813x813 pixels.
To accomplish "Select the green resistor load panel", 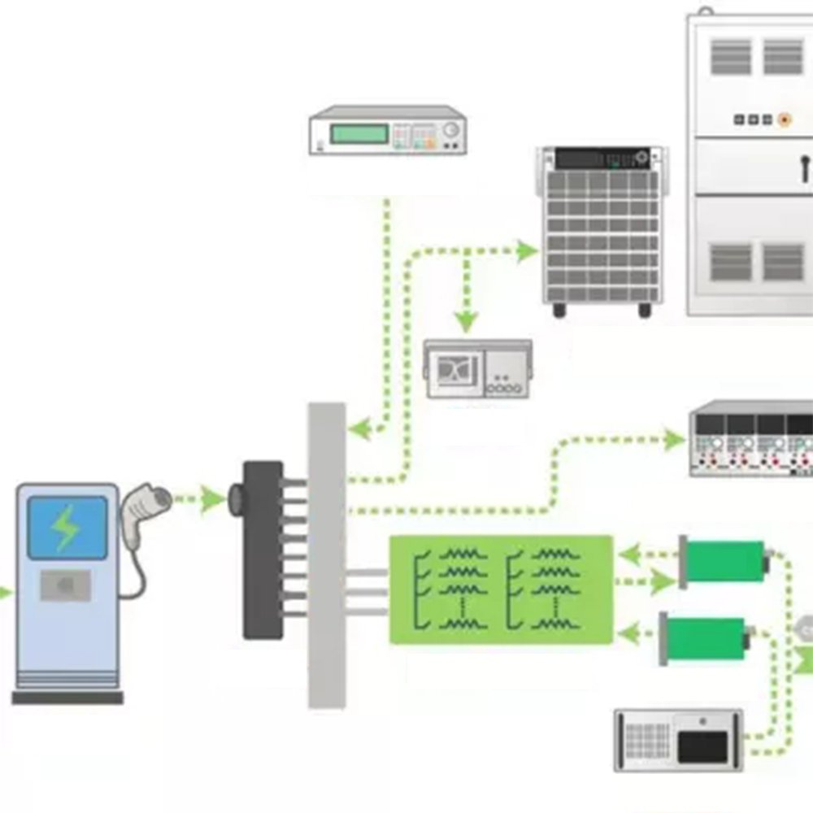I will (501, 589).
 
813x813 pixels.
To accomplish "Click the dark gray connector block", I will (263, 550).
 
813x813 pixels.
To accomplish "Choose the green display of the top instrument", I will (359, 133).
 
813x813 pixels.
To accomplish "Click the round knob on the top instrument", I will (451, 129).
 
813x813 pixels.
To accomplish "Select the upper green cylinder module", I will (724, 561).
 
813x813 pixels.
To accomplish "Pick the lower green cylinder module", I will (704, 639).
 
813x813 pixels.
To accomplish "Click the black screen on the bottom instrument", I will (702, 746).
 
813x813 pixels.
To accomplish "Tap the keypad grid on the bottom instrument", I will (647, 741).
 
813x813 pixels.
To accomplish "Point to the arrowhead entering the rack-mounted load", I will (528, 251).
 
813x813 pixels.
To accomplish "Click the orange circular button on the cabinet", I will (784, 120).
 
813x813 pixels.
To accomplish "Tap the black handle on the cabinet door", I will (803, 167).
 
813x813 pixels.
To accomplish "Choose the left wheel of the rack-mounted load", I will (559, 310).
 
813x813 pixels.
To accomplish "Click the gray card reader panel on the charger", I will (65, 585).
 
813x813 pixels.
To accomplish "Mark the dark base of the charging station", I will (67, 698).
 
